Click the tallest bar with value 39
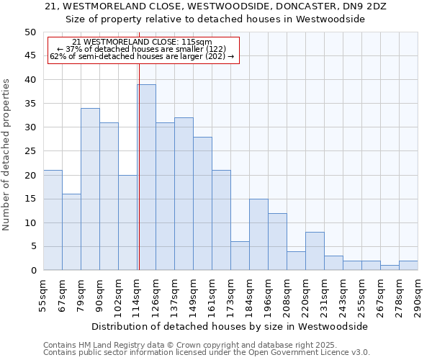pyautogui.click(x=146, y=177)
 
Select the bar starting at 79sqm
pyautogui.click(x=90, y=189)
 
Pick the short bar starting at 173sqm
pyautogui.click(x=240, y=256)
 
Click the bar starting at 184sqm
pyautogui.click(x=258, y=234)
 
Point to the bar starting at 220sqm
pyautogui.click(x=315, y=251)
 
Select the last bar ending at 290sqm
pyautogui.click(x=408, y=265)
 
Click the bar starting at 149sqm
pyautogui.click(x=202, y=203)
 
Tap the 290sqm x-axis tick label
pyautogui.click(x=418, y=297)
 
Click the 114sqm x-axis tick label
pyautogui.click(x=138, y=297)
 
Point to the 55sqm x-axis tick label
pyautogui.click(x=44, y=297)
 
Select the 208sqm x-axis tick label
pyautogui.click(x=287, y=297)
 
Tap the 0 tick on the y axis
pyautogui.click(x=32, y=271)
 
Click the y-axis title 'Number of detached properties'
pyautogui.click(x=7, y=155)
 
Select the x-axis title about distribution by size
pyautogui.click(x=230, y=326)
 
